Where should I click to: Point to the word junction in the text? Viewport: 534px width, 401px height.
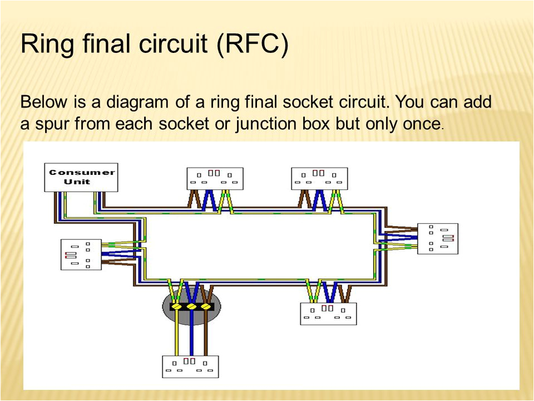(x=268, y=123)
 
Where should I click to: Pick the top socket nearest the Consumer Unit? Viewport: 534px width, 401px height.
(x=215, y=178)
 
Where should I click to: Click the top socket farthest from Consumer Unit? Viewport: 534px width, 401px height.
(x=320, y=178)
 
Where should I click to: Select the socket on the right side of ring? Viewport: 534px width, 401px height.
(x=438, y=238)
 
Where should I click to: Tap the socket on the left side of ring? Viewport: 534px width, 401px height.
(x=81, y=255)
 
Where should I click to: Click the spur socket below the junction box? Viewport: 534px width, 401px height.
(x=190, y=366)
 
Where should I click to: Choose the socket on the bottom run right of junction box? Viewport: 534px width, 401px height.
(x=328, y=313)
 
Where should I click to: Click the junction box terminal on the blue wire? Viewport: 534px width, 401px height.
(x=192, y=307)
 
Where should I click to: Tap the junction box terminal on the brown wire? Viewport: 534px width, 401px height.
(x=206, y=307)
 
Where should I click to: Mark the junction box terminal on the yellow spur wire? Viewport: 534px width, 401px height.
(x=177, y=307)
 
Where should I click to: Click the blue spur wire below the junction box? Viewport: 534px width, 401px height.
(x=192, y=334)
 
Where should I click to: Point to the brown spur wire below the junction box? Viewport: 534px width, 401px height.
(x=206, y=334)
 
